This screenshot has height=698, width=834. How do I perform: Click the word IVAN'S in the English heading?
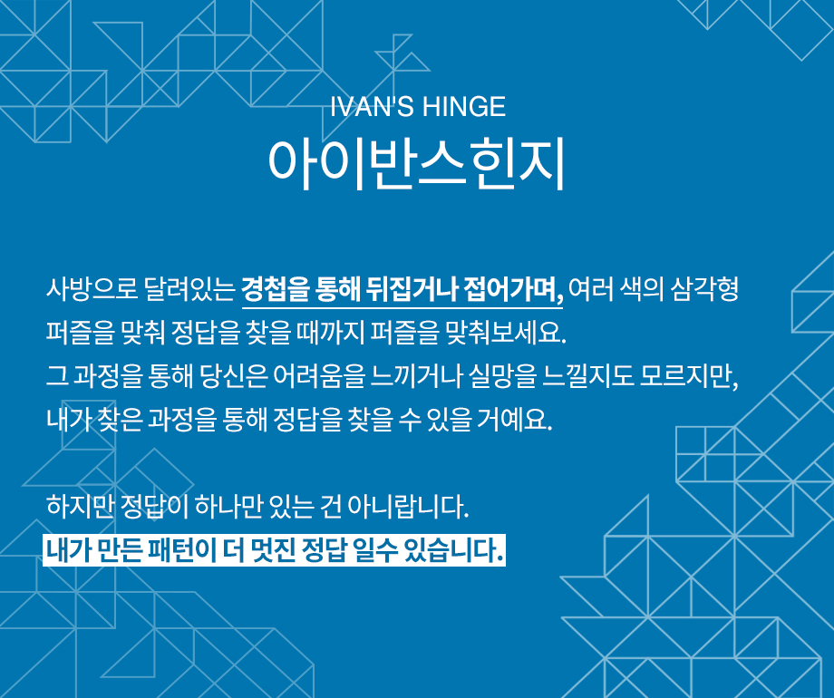tap(372, 106)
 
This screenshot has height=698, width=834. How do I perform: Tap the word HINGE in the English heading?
tap(463, 106)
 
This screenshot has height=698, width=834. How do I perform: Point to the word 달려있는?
tap(189, 289)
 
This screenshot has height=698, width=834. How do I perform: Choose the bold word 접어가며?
tap(513, 289)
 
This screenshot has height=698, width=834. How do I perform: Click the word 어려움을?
tap(319, 377)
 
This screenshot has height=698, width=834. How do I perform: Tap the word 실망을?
tap(502, 377)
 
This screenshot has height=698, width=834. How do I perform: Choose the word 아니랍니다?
tap(408, 506)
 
